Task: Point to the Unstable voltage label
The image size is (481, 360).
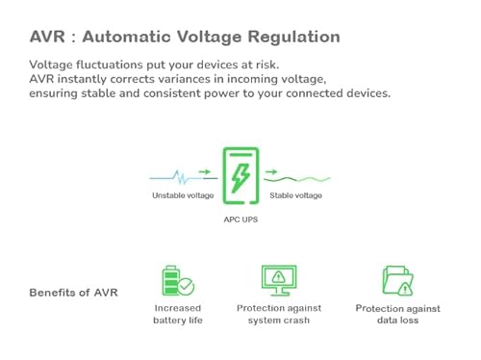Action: coord(182,196)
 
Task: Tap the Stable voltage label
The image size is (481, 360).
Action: coord(296,196)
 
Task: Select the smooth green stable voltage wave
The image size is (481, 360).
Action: coord(298,178)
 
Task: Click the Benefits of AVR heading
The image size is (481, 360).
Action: coord(73,292)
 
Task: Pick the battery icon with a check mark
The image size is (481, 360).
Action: coord(176,280)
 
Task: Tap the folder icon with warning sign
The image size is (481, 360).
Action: coord(396,280)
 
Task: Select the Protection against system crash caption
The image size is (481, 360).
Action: coord(280,314)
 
